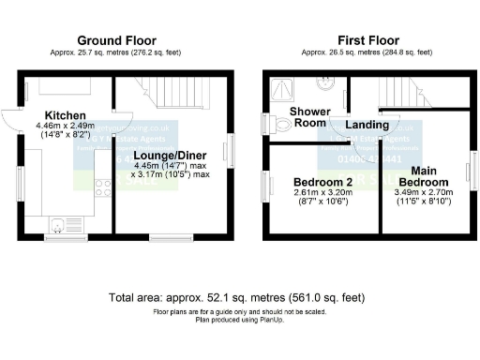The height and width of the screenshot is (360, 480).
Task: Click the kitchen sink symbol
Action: [x=58, y=223]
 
